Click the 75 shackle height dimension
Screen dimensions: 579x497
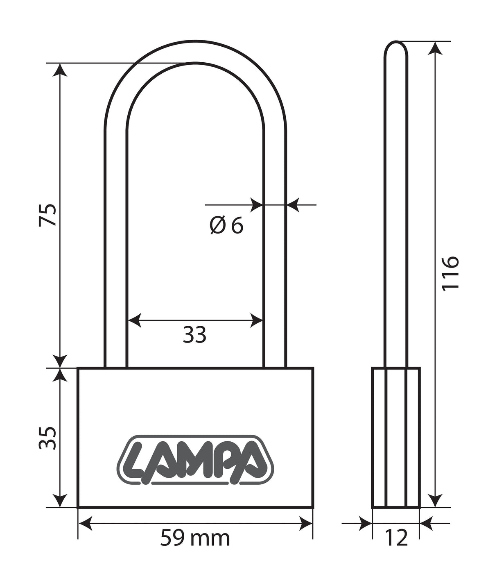[x=47, y=214]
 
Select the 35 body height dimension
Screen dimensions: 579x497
[x=47, y=438]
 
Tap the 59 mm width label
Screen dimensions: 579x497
[x=195, y=538]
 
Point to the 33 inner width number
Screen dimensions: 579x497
[x=194, y=335]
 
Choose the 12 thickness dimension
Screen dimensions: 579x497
[x=396, y=538]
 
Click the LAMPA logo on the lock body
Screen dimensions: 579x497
[x=195, y=459]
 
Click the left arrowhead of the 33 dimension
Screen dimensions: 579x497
[x=134, y=320]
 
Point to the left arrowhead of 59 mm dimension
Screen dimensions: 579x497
[x=84, y=523]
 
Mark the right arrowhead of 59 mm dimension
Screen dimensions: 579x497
[x=307, y=523]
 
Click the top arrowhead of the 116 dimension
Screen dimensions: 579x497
[x=437, y=48]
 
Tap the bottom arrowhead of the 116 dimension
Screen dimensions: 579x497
[x=437, y=501]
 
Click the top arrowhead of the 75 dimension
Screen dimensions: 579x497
[x=60, y=70]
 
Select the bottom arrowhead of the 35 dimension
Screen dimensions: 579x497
[x=60, y=501]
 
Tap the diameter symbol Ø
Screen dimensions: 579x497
[x=217, y=225]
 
